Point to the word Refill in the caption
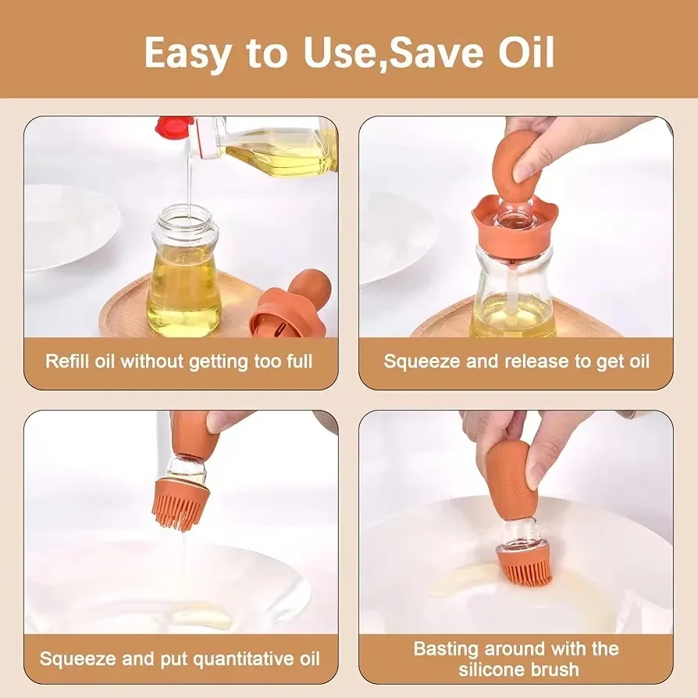(x=65, y=361)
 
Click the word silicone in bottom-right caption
(x=483, y=669)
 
